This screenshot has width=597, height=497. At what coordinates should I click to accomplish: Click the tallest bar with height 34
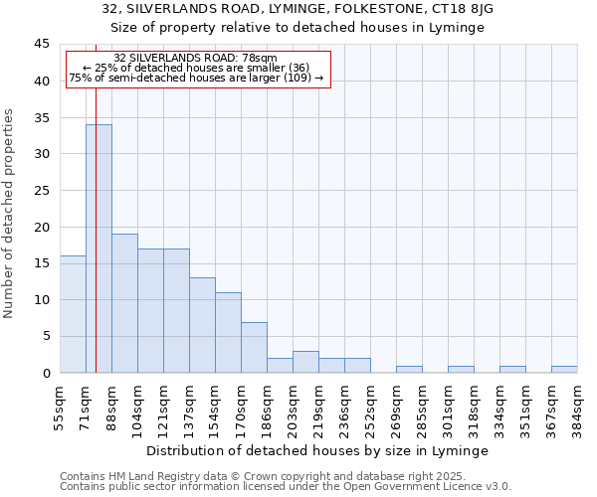[x=99, y=248]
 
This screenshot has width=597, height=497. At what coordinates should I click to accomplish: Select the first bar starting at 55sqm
[x=73, y=314]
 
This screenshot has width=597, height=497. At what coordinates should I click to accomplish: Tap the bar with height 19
[x=124, y=303]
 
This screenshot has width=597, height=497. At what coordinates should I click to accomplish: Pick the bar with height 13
[x=202, y=325]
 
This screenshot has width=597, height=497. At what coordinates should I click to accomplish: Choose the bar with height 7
[x=254, y=347]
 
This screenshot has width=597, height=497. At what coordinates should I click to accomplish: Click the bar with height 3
[x=305, y=362]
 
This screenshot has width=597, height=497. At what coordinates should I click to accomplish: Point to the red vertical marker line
[x=96, y=199]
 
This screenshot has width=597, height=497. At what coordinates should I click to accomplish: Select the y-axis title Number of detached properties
[x=9, y=214]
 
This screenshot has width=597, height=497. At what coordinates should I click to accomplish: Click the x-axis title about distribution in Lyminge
[x=317, y=450]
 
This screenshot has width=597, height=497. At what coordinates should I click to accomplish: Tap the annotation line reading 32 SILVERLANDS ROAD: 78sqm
[x=195, y=59]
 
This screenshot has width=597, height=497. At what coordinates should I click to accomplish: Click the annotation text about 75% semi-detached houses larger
[x=196, y=78]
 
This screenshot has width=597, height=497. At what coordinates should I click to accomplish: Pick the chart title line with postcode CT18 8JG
[x=298, y=8]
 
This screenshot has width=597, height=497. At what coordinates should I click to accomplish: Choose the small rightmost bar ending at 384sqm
[x=564, y=369]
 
